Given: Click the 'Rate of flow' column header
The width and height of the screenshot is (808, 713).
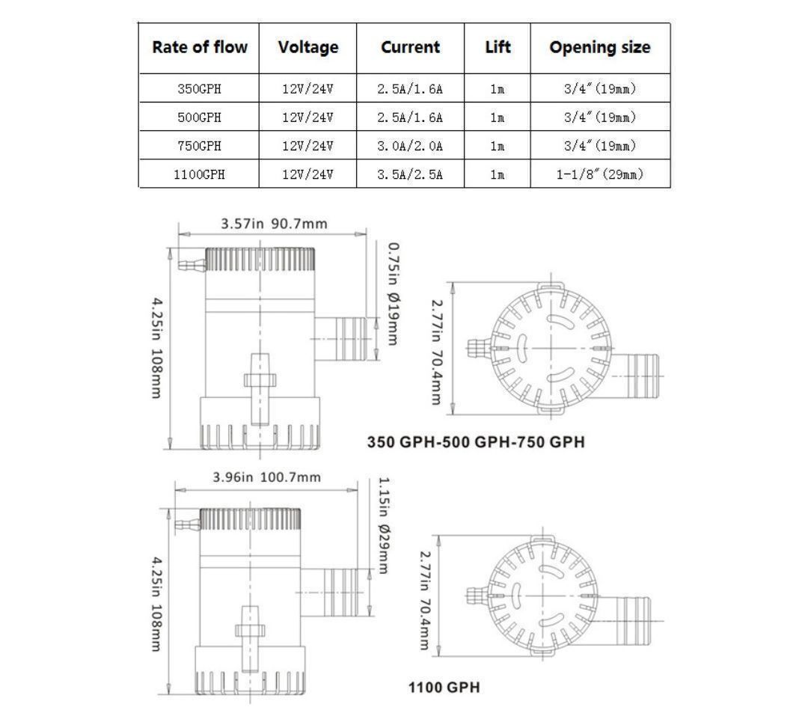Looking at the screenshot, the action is [200, 47].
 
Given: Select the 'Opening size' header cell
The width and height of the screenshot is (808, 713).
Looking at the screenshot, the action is [600, 47].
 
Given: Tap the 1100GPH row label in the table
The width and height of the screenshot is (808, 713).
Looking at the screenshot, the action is [199, 174].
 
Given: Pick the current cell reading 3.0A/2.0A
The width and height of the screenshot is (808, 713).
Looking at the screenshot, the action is [410, 146].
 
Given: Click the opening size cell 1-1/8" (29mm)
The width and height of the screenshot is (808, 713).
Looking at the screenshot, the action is [600, 174].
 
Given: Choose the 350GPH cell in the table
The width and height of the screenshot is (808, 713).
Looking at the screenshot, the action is [199, 88].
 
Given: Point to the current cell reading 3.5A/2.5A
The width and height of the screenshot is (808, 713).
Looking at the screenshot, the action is [410, 174].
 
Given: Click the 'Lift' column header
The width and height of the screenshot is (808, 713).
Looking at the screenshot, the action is [498, 47].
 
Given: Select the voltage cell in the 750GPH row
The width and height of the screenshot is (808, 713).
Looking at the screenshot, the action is [307, 146].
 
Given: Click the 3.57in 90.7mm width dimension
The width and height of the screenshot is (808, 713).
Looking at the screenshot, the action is [274, 224].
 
